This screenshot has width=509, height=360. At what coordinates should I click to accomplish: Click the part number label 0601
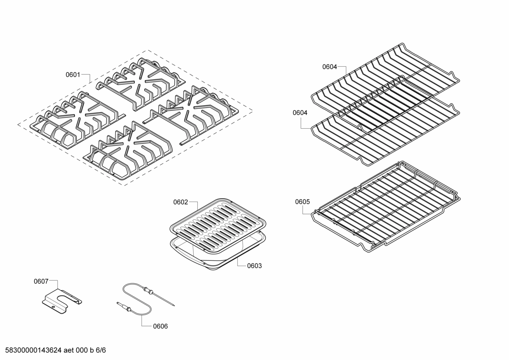click(x=73, y=75)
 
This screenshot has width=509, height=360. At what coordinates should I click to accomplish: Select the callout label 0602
click(x=180, y=202)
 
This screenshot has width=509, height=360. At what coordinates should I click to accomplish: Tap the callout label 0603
click(x=254, y=265)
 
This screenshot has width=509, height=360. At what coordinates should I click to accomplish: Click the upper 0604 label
click(x=329, y=66)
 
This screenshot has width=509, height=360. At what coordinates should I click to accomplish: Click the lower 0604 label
click(x=300, y=113)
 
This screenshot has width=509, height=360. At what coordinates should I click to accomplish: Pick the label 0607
click(x=41, y=281)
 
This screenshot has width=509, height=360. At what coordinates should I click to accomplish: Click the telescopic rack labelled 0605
click(x=385, y=212)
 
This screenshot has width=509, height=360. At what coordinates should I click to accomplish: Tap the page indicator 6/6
click(x=101, y=350)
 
